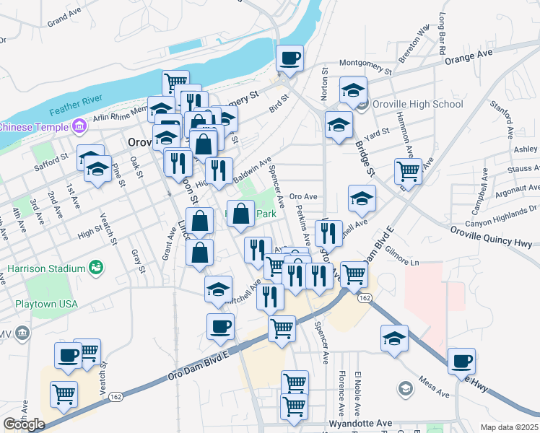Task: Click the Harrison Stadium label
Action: click(x=46, y=268)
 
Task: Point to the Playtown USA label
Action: click(x=46, y=304)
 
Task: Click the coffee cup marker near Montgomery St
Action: click(x=290, y=58)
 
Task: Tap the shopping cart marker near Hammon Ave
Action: click(x=408, y=172)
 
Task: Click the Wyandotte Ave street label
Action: click(x=360, y=423)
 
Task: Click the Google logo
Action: click(x=23, y=424)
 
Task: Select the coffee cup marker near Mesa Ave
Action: click(x=461, y=360)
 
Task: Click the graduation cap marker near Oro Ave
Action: click(x=362, y=198)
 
